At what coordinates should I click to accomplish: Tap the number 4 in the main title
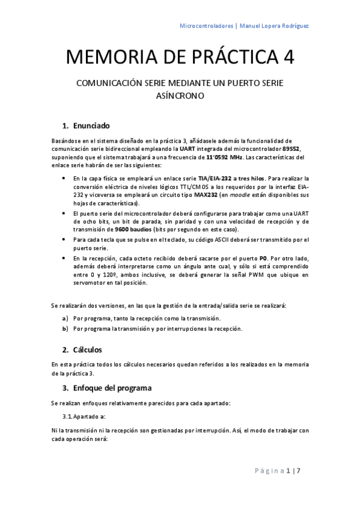click(x=288, y=58)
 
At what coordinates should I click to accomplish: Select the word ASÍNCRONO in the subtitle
click(x=180, y=96)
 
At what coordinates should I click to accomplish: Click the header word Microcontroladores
click(x=206, y=26)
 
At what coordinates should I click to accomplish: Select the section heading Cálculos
click(x=88, y=349)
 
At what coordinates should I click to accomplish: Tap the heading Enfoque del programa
click(x=112, y=387)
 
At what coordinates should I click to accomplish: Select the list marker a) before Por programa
click(x=65, y=318)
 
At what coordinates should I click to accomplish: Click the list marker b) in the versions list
click(x=65, y=328)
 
